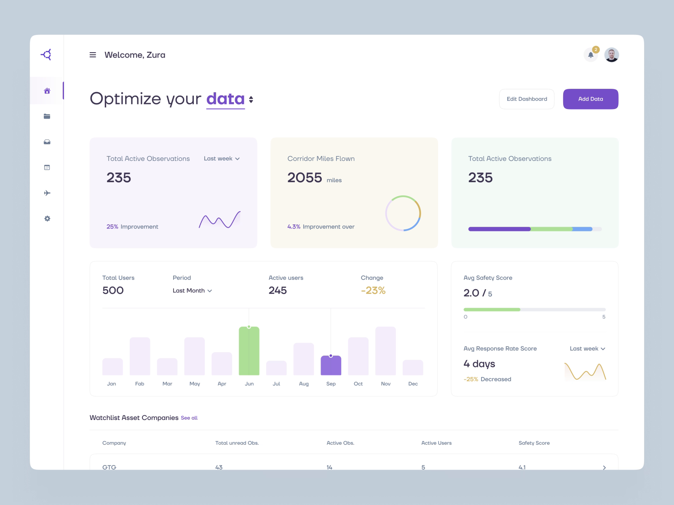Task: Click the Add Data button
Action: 590,99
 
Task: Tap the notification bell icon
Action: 591,55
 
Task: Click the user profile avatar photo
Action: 611,55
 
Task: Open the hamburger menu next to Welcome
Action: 93,55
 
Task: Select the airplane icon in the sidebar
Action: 47,193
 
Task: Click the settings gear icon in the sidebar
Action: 47,219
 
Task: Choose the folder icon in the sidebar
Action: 47,117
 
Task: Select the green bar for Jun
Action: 249,351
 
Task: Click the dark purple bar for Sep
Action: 331,365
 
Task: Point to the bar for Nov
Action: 385,351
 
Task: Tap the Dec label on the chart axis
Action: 413,384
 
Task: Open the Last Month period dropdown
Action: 192,291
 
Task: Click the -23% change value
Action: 373,290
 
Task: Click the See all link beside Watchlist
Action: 189,418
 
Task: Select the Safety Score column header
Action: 534,443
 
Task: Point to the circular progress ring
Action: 403,213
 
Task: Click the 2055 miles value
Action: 305,178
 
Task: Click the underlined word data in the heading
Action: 225,99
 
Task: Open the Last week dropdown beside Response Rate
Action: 587,349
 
